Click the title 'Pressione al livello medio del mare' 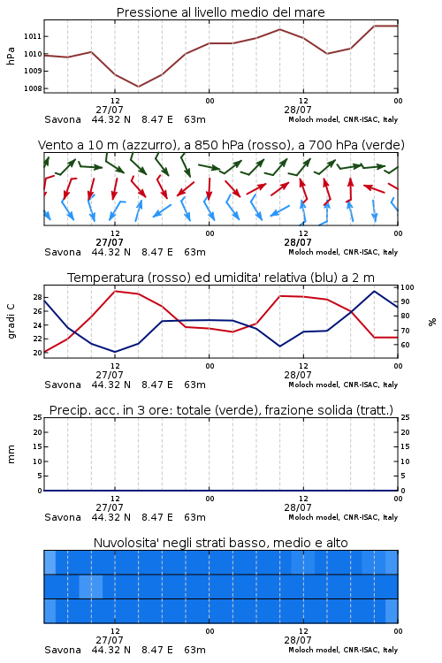point(220,12)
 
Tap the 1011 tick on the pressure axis point(33,36)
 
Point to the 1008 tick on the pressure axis point(33,88)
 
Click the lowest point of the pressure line point(138,87)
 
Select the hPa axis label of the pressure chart point(11,57)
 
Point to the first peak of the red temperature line point(115,291)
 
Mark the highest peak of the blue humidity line point(374,291)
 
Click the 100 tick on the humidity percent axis point(408,287)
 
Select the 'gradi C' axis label point(11,321)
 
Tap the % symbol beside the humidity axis point(432,322)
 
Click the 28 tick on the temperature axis point(38,297)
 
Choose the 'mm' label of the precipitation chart point(11,454)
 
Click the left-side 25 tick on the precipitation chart point(38,417)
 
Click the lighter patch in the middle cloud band point(91,586)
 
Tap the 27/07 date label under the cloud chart point(110,640)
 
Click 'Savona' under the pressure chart point(63,119)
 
